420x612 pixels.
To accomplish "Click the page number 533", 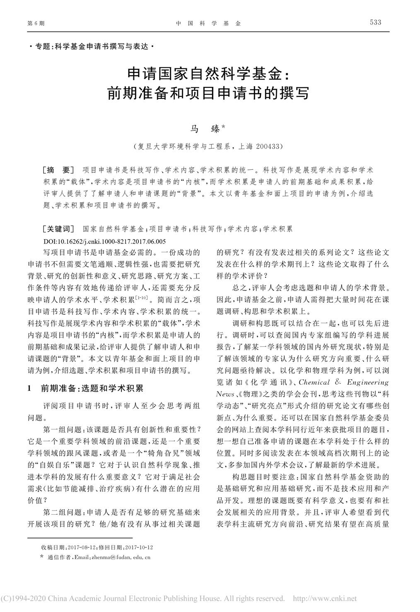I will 375,22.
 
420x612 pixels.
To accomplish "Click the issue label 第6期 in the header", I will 36,24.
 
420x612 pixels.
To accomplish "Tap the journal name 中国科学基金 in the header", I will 208,24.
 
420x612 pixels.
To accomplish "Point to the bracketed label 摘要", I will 58,170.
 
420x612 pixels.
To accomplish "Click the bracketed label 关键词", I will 58,229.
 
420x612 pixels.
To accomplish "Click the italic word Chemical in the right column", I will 314,382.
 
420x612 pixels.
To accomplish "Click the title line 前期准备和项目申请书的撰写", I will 208,94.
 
